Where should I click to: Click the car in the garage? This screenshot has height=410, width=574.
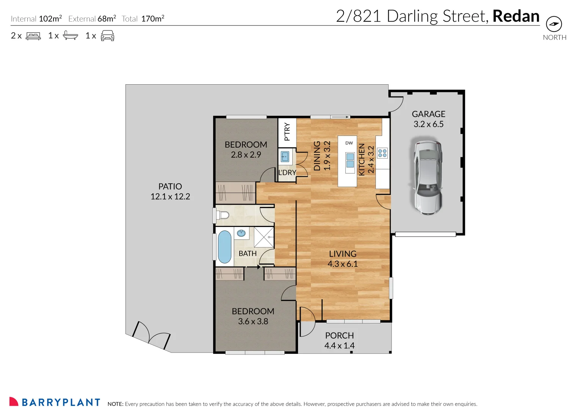coord(427,177)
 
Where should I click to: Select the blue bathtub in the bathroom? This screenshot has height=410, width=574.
coord(224,247)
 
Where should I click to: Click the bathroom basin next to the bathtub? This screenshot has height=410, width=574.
coord(241,233)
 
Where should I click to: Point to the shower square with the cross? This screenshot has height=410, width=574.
coord(263,237)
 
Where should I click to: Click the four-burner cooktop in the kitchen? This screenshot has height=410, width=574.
coord(383,153)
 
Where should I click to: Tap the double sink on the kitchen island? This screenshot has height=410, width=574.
coord(350,161)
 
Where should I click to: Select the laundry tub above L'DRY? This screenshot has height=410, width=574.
coord(285,156)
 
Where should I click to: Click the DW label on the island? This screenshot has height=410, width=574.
coord(349,143)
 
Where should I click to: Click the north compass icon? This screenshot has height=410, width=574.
coord(554,24)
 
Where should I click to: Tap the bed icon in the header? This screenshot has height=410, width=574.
coord(33,36)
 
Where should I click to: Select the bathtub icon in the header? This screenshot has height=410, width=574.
coord(70,36)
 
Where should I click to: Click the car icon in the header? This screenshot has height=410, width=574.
coord(107,36)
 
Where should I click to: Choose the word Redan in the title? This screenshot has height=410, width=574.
coord(516,16)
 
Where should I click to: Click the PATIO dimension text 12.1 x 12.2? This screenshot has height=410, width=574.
coord(170,197)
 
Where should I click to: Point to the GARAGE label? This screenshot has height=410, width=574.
coord(428,114)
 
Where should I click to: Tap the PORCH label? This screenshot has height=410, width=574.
coord(339,336)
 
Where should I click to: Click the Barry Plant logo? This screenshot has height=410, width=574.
coord(55,402)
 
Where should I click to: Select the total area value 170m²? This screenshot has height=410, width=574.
coord(153,19)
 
